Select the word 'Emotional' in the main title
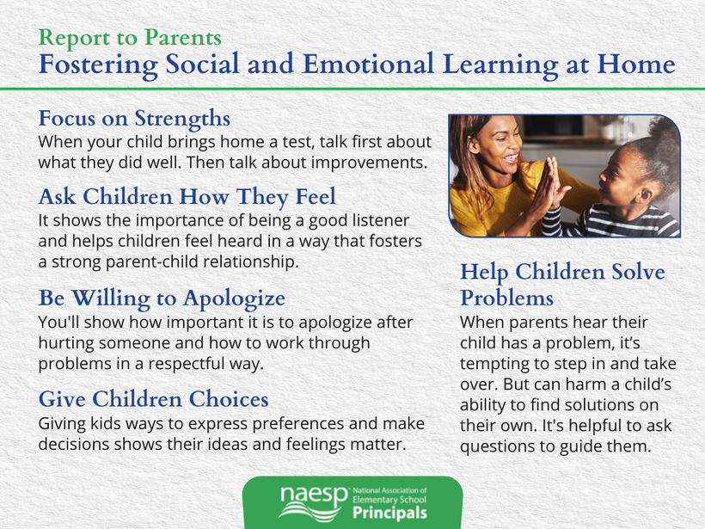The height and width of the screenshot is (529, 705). (x=368, y=64)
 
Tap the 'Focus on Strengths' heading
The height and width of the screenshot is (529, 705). (x=134, y=119)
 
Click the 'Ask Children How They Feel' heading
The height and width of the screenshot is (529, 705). (x=187, y=197)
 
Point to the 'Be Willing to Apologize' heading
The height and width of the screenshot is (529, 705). (x=162, y=298)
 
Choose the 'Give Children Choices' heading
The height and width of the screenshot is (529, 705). (x=154, y=399)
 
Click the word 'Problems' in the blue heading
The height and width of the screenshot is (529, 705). (x=506, y=298)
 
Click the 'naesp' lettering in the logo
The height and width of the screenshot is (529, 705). (x=315, y=497)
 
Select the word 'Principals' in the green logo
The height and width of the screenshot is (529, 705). (x=389, y=513)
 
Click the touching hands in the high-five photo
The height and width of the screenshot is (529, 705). (x=549, y=184)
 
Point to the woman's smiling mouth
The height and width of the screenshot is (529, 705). (x=512, y=158)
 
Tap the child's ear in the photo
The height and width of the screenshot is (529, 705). (x=646, y=194)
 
